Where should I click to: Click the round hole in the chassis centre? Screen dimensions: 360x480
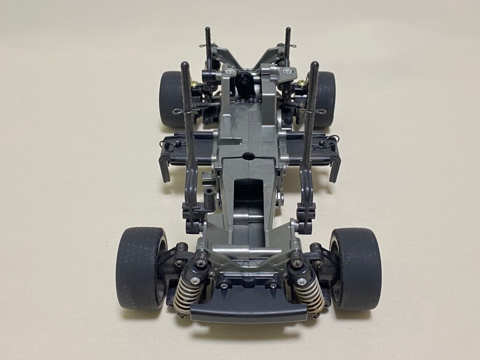(248, 156)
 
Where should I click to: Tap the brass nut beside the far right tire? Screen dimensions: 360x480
(302, 83)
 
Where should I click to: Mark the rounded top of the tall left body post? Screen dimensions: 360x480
(185, 65)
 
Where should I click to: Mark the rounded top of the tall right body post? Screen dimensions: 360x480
(315, 65)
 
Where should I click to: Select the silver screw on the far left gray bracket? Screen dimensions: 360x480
(229, 71)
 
